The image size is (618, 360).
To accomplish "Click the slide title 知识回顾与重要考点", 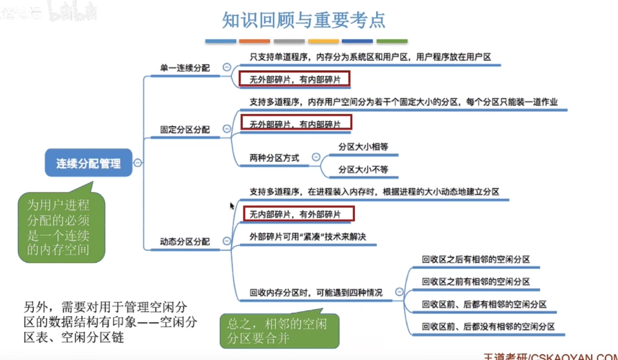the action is pos(304,20).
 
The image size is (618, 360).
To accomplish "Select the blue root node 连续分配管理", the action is pos(89,163).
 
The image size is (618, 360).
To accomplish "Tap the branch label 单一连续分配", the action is pos(185,68).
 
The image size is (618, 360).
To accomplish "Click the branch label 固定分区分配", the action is pos(185,129).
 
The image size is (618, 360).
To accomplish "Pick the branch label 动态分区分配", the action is pos(185,242).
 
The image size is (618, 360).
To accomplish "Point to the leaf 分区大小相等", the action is pos(364,147).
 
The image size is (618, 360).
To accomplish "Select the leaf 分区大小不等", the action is pos(364,169).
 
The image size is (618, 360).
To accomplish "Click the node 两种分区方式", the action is pos(274,158).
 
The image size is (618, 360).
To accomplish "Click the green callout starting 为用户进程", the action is pos(59,226).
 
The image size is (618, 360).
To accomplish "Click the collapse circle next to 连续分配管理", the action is pos(138,163).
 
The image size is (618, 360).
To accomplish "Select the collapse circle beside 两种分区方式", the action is pos(316,158).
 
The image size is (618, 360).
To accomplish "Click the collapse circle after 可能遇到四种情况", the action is pos(400,293).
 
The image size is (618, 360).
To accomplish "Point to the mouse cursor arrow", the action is pos(232,206).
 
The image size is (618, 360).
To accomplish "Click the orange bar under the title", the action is pos(254,42).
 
